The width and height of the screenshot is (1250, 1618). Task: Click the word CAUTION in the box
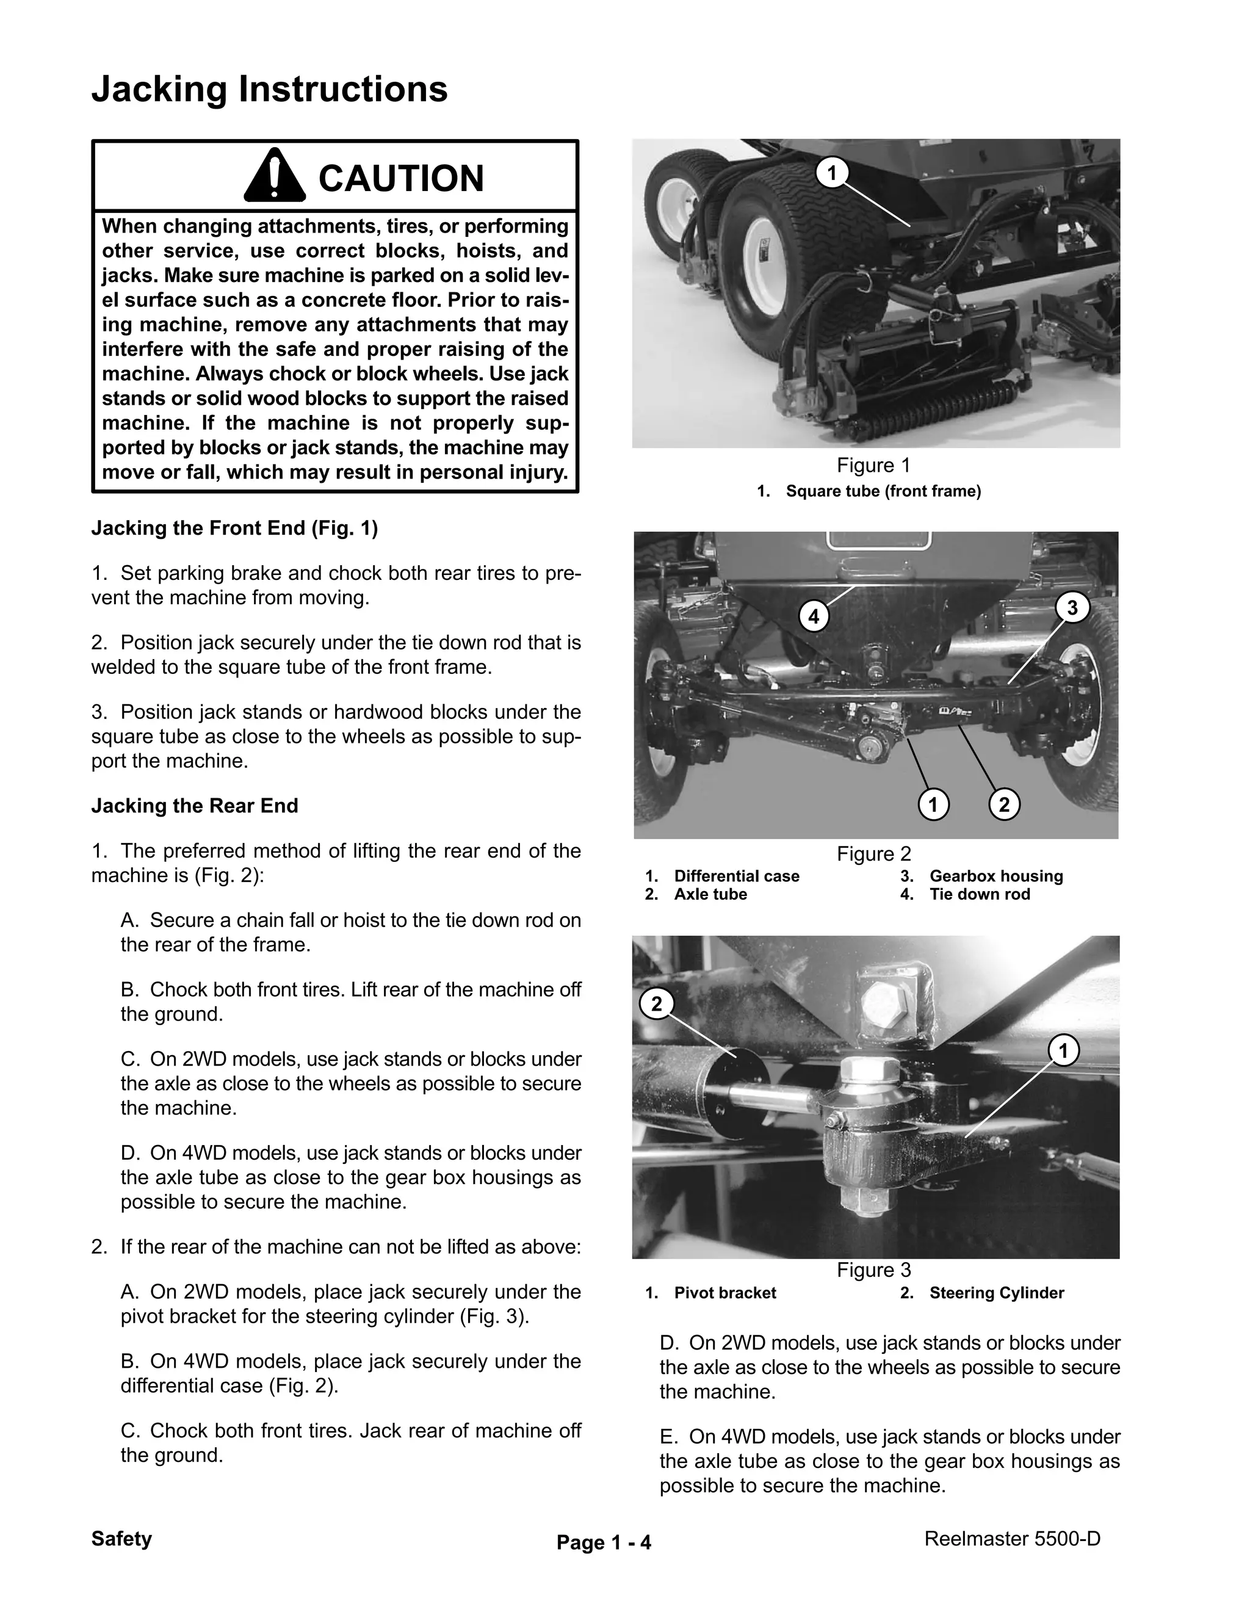pos(401,179)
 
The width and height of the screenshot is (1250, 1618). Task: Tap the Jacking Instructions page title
pos(269,89)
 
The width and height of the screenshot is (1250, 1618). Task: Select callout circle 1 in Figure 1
pos(831,173)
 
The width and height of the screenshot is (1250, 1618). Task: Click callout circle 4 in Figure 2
pos(814,616)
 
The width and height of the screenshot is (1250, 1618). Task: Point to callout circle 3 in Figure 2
pos(1071,609)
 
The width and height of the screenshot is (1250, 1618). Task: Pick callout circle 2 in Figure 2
pos(1004,804)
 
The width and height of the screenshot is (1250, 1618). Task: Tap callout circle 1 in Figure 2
pos(933,804)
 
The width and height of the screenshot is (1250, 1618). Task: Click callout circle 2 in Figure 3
pos(656,1005)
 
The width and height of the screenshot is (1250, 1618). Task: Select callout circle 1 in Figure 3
pos(1063,1050)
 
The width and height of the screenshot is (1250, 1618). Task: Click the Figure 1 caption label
pos(873,465)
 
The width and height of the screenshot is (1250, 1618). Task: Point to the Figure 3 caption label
pos(873,1270)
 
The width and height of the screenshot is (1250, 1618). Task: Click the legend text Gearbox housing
pos(996,876)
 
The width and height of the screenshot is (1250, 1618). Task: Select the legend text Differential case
pos(737,876)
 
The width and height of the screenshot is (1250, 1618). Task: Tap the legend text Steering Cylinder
pos(997,1293)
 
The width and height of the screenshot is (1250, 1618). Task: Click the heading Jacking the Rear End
pos(194,806)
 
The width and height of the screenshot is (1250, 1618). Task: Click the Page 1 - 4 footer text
pos(604,1542)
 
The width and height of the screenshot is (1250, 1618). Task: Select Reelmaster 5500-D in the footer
pos(1012,1539)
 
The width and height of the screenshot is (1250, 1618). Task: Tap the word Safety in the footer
pos(121,1539)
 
